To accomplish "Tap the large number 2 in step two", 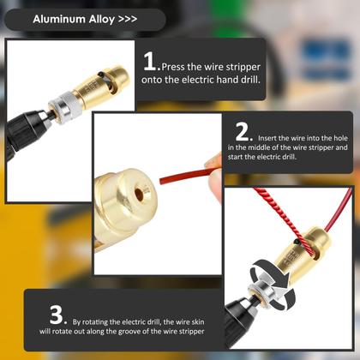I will coord(243,133).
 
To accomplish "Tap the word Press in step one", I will coord(175,65).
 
